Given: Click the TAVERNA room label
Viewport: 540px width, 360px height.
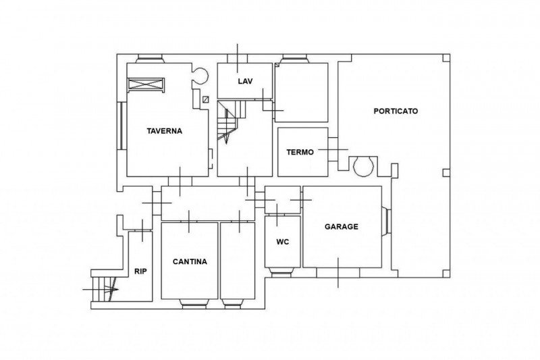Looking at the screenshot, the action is coord(164,131).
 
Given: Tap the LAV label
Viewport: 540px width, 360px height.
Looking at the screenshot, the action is coord(245,81).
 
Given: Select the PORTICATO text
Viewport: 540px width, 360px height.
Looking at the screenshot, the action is coord(396,111).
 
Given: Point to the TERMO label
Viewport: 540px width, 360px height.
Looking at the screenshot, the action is coord(300,152).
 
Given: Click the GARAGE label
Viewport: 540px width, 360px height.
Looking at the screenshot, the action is coord(342,226).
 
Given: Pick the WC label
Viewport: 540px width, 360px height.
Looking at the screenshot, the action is coord(282,242).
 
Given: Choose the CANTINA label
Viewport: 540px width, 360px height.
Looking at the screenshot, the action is coord(190,261).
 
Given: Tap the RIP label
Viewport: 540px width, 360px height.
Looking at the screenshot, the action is coord(140,272).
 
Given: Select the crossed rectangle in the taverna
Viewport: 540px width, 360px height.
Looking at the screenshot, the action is coord(146,84).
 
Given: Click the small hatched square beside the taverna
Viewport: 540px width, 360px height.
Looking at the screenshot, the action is coord(206,99).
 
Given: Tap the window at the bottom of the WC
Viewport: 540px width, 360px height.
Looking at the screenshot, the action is coord(282,272).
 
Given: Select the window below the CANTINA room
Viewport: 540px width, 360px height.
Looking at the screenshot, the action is coord(194,303).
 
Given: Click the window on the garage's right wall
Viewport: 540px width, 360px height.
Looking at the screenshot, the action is coord(386,221).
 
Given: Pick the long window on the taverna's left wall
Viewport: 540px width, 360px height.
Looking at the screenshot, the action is coord(122,126).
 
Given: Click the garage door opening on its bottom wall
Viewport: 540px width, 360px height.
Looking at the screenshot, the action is coord(338,272).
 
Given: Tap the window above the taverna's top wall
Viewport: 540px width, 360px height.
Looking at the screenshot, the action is coord(150,59).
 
